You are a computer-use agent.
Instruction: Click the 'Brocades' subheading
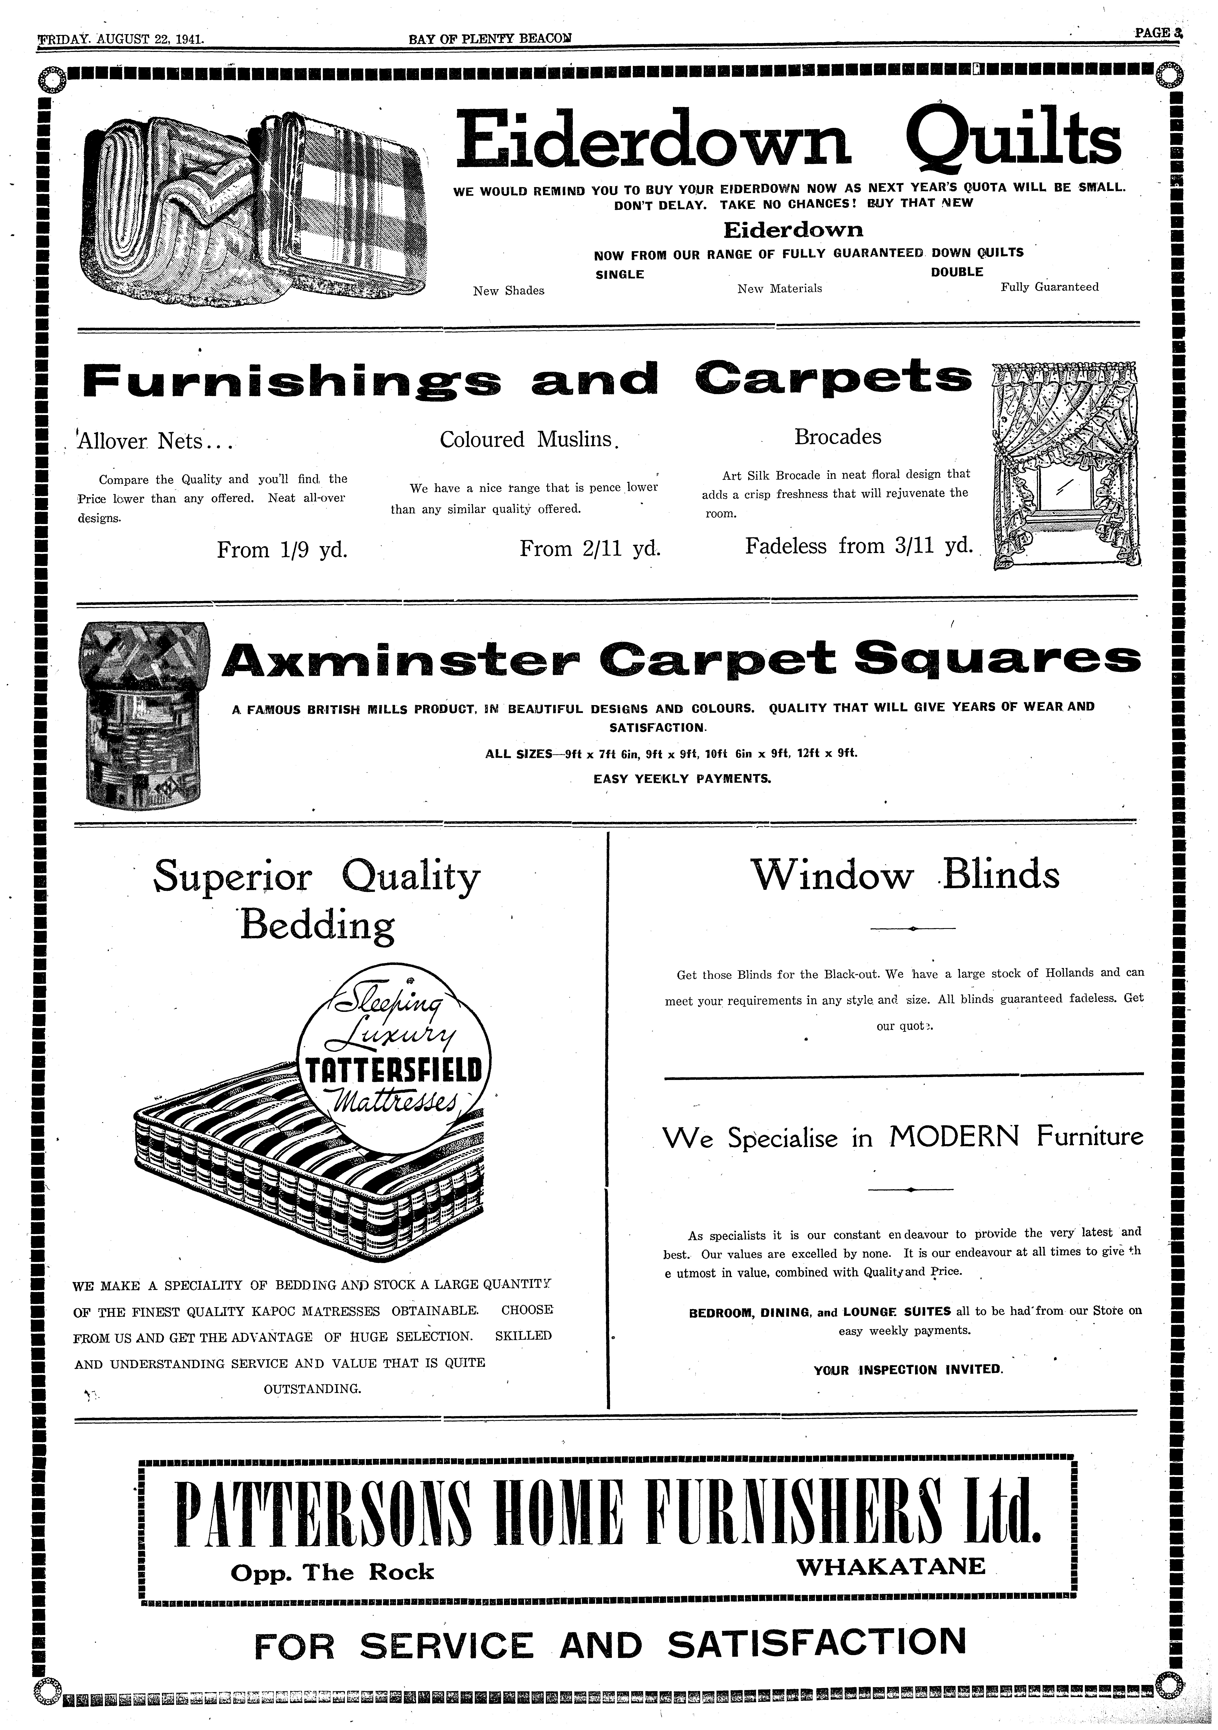click(838, 437)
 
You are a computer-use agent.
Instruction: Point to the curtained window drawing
click(1066, 465)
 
